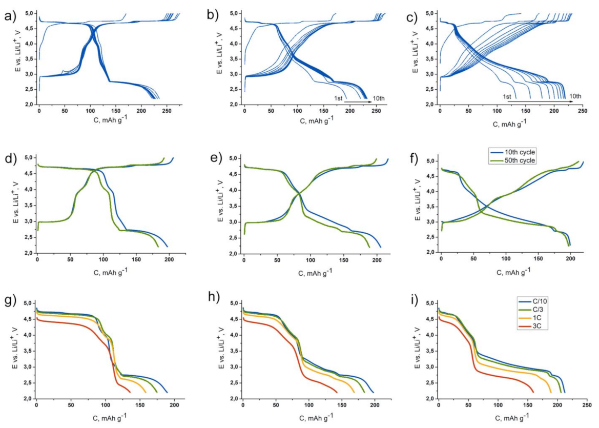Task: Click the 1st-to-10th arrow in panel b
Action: [x=357, y=102]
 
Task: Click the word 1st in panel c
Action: [x=507, y=96]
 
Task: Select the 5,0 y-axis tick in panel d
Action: [x=27, y=157]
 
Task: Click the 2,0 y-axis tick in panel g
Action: [x=27, y=399]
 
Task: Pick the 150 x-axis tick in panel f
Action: [x=538, y=260]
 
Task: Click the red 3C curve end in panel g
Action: [x=130, y=392]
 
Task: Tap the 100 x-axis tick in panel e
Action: [x=310, y=260]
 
